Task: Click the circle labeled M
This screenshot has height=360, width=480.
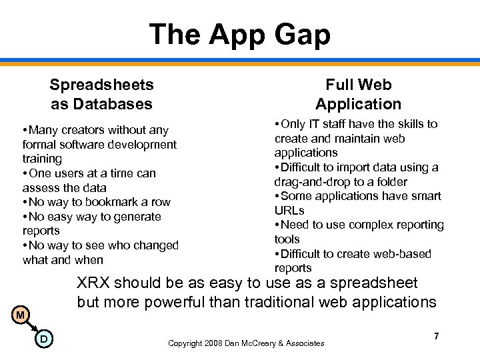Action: (x=21, y=315)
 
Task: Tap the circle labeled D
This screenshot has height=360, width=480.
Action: (x=43, y=339)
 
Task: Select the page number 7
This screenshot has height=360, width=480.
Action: (x=436, y=336)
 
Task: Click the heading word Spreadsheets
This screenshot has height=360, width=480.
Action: (x=101, y=85)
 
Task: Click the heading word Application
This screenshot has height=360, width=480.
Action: (x=358, y=104)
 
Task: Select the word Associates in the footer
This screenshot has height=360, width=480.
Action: (x=301, y=343)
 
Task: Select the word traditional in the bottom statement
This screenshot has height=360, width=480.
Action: (x=275, y=302)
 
